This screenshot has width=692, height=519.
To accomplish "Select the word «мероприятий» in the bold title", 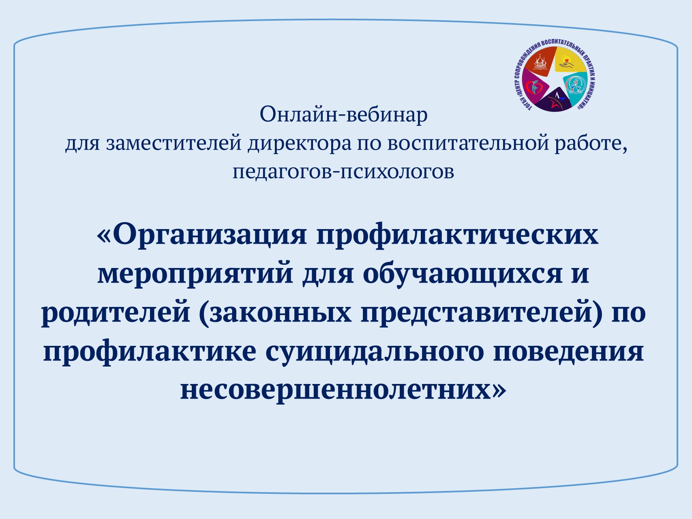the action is click(x=195, y=275).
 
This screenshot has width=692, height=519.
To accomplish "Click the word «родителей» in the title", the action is click(x=116, y=314).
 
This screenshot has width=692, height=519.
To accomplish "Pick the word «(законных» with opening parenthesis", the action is click(x=275, y=313).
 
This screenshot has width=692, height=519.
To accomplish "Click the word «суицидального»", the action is click(x=375, y=352).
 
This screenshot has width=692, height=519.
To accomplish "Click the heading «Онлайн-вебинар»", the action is click(x=344, y=115).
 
